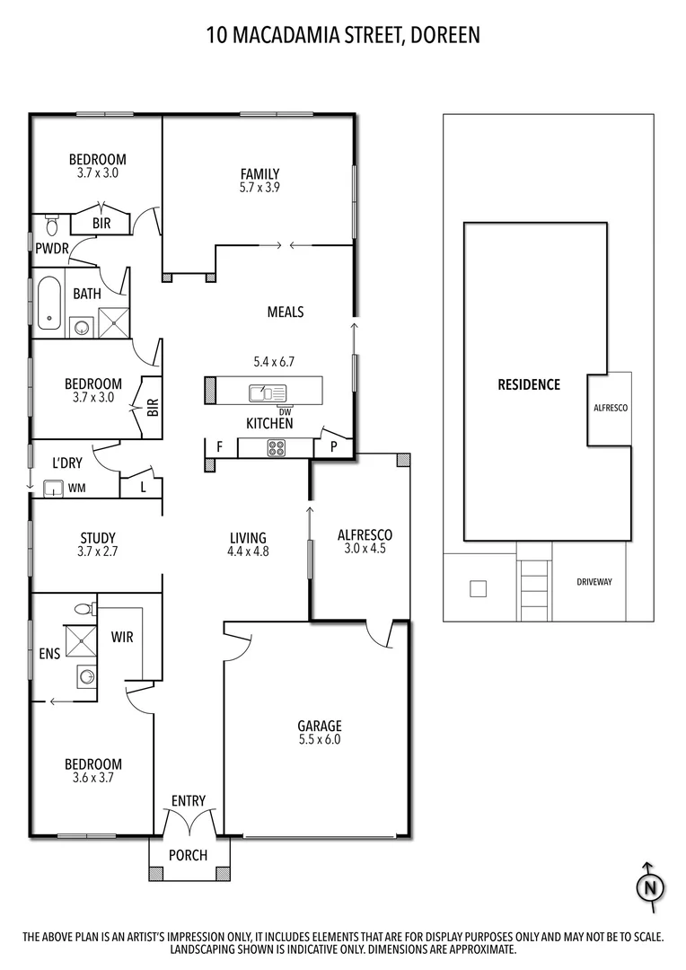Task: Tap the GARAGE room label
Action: pyautogui.click(x=320, y=726)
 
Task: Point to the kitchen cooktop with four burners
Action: pyautogui.click(x=276, y=447)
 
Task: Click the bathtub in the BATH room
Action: pyautogui.click(x=48, y=303)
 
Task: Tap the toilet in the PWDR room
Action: pyautogui.click(x=49, y=222)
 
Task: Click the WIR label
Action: pyautogui.click(x=122, y=636)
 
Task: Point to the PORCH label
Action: pyautogui.click(x=188, y=855)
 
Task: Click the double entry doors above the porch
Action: pyautogui.click(x=189, y=819)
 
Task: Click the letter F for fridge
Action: pyautogui.click(x=218, y=446)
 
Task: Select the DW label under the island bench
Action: pyautogui.click(x=269, y=411)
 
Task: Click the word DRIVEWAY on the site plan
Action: pyautogui.click(x=594, y=582)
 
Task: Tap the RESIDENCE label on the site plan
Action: pyautogui.click(x=529, y=384)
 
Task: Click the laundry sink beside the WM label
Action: pyautogui.click(x=51, y=488)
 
